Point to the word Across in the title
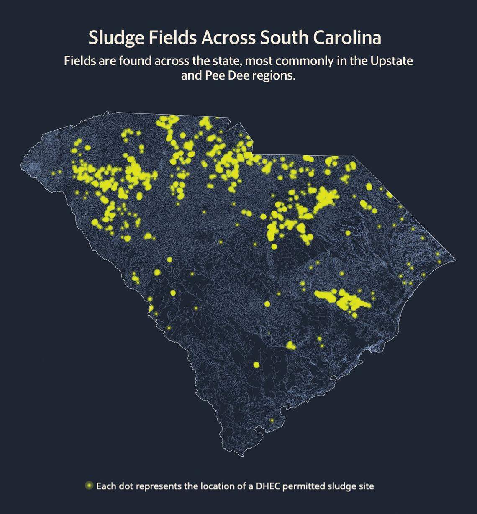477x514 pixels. (228, 38)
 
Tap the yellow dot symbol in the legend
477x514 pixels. (89, 486)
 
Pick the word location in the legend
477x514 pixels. (217, 486)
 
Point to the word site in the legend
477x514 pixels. (366, 486)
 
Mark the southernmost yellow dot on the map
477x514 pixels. (272, 420)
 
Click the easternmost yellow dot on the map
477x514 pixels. (439, 262)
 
